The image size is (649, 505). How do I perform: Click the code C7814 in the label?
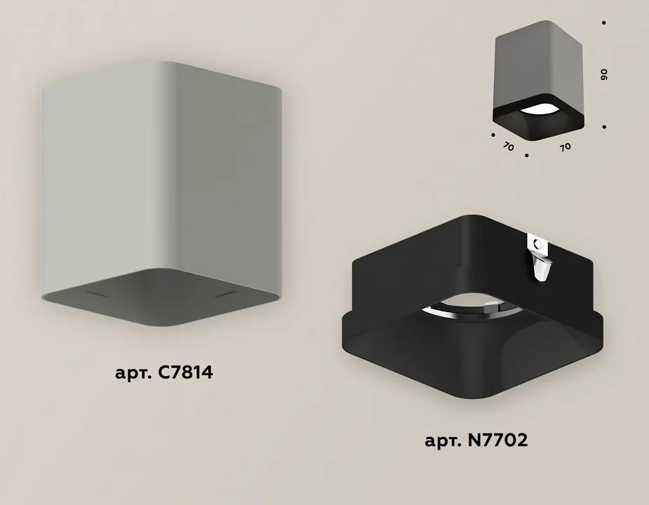coord(185,372)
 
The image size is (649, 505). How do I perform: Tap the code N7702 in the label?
coord(497,440)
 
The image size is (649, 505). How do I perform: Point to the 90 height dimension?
coord(604,74)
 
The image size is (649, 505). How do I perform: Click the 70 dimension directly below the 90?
coord(566,147)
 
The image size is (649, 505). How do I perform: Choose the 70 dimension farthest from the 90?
coord(508,146)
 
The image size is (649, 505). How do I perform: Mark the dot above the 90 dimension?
coord(604,22)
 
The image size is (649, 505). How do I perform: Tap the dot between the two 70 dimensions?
coord(526,156)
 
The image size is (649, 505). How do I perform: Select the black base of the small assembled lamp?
coord(538,119)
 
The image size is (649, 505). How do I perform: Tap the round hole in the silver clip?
coord(537,243)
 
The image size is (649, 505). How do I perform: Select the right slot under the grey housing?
coord(226,295)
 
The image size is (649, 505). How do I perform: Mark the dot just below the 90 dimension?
coord(604,127)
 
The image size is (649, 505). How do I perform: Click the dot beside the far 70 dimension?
coord(493,135)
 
